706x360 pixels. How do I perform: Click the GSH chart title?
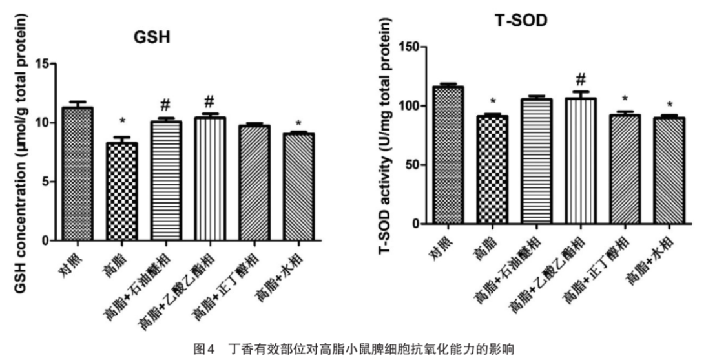coord(152,37)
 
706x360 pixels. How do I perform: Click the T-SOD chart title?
coord(521,20)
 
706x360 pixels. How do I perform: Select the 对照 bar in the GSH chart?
coord(78,174)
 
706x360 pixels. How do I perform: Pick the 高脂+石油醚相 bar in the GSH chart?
coord(166,181)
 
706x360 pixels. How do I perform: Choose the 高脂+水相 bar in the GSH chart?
coord(298,187)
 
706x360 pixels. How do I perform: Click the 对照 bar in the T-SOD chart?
coord(448,155)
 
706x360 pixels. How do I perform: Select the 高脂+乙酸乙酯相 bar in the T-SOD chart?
coord(581,161)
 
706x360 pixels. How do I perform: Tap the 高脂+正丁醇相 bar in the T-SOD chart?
coord(625,169)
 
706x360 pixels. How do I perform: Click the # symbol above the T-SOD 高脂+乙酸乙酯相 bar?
coord(581,80)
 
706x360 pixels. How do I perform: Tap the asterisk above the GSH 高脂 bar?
coord(122,122)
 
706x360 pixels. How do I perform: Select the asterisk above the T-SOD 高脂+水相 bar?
coord(670,105)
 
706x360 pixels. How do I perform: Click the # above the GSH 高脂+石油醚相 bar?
coord(166,105)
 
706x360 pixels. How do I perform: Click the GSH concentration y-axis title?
coord(21,154)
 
